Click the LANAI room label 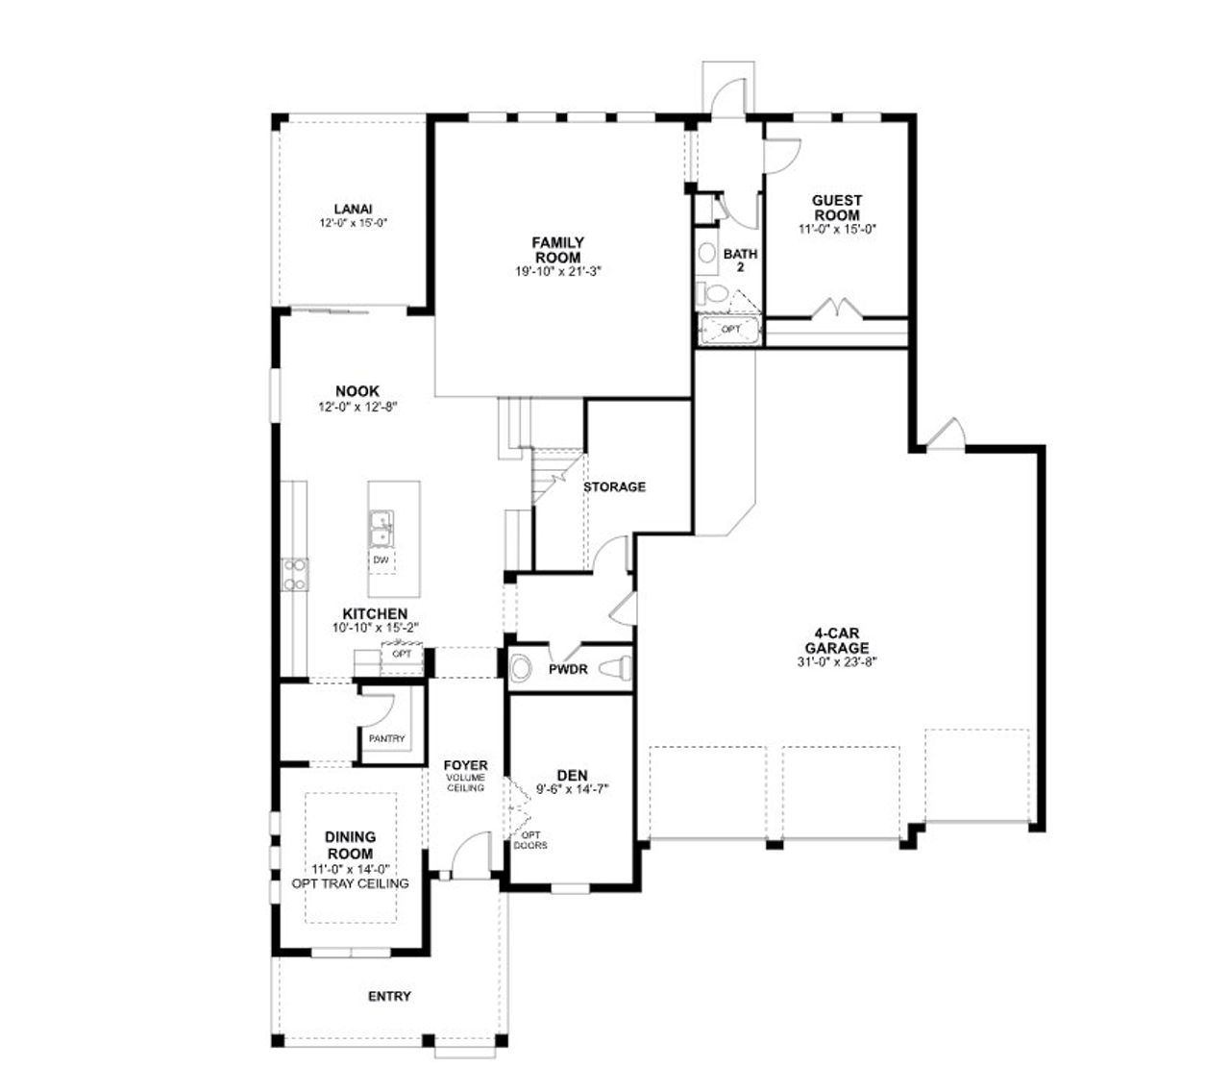[x=353, y=209]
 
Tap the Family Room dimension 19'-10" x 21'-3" [x=557, y=271]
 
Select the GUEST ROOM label [x=836, y=208]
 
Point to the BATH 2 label [x=740, y=261]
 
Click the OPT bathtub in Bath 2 [x=731, y=330]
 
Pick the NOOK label [x=357, y=391]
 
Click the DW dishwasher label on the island [x=381, y=559]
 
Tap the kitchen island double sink [x=381, y=527]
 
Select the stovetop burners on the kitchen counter [x=294, y=574]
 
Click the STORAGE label [x=614, y=486]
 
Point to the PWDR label [x=568, y=669]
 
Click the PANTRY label [x=386, y=739]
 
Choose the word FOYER [x=465, y=765]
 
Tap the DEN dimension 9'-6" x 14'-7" [x=573, y=789]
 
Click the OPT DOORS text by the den [x=530, y=840]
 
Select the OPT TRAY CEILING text [x=350, y=883]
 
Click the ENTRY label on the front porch [x=389, y=996]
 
